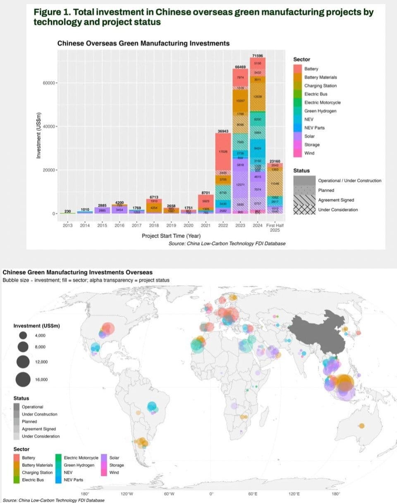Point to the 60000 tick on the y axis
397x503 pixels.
tap(48, 83)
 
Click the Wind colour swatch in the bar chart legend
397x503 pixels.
tap(298, 153)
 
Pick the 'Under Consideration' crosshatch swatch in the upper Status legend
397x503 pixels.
tap(303, 210)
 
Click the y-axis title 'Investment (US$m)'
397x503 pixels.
tap(38, 136)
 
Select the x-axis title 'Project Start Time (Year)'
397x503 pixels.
tap(171, 236)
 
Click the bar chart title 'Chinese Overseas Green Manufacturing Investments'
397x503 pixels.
tap(143, 43)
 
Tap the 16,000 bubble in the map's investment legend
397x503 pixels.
tap(23, 379)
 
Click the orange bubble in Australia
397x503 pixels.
tap(362, 426)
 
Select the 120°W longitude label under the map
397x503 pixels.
tap(127, 493)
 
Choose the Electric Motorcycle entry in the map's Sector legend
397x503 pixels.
tap(81, 458)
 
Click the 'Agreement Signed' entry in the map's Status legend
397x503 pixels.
tap(38, 429)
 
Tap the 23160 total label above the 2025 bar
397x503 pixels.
tap(275, 161)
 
